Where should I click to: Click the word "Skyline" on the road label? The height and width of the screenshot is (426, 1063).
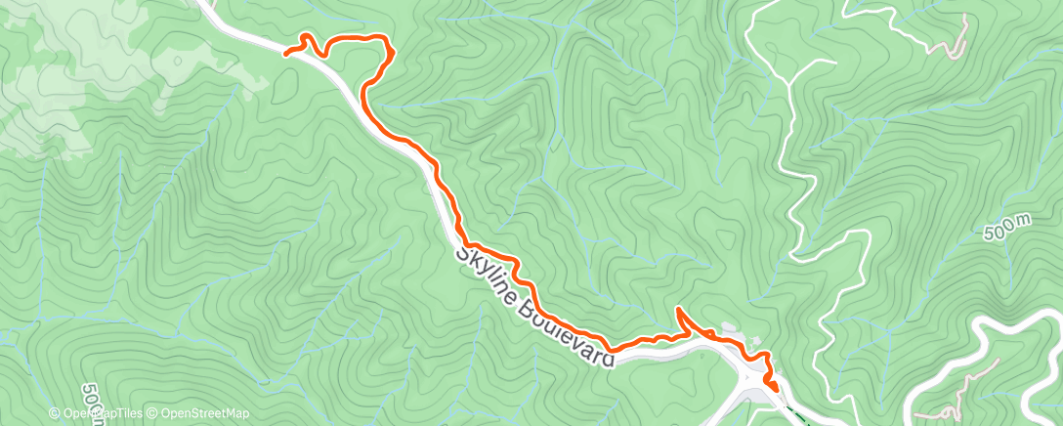[x=491, y=279]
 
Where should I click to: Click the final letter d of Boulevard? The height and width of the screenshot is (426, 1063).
[x=608, y=359]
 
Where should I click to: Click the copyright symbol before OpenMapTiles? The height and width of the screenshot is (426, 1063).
[x=56, y=413]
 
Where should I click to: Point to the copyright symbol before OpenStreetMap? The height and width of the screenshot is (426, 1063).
[x=154, y=413]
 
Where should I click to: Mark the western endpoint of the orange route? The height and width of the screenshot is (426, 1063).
[x=286, y=53]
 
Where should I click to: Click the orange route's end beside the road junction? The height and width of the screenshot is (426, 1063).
[x=776, y=390]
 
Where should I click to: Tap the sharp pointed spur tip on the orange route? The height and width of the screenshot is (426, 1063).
[x=677, y=310]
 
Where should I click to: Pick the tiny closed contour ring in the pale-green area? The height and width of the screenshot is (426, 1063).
[x=177, y=61]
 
